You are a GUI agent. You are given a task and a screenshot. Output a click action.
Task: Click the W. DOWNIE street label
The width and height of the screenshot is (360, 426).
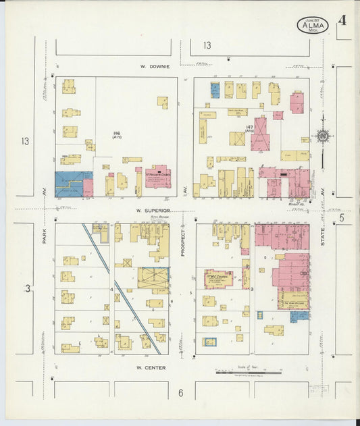point(155,67)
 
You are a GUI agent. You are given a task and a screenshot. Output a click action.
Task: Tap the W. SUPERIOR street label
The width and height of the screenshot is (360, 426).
point(151,211)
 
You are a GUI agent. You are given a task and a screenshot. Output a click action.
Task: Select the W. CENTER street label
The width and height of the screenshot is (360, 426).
point(151,368)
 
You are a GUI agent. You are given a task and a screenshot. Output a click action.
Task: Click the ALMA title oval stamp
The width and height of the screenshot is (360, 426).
point(313,26)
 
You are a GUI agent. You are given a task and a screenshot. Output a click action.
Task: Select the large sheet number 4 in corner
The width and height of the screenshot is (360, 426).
point(342,20)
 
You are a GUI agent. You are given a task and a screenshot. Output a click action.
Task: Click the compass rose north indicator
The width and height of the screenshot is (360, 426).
point(323,137)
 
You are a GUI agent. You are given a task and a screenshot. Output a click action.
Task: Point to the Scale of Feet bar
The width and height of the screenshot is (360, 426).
point(248,372)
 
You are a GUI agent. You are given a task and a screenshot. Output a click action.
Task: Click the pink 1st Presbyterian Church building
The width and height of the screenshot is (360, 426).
point(158,176)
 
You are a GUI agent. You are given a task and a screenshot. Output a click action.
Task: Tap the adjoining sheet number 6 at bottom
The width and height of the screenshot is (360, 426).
point(180,393)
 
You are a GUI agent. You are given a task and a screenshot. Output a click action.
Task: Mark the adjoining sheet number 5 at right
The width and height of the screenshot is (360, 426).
point(342,217)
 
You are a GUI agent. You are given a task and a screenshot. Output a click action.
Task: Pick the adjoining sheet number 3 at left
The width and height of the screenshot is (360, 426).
point(28,289)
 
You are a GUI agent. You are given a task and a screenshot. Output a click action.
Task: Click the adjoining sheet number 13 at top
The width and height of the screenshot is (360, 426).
point(207,46)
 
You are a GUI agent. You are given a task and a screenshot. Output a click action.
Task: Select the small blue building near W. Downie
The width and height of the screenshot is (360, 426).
point(215,90)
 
